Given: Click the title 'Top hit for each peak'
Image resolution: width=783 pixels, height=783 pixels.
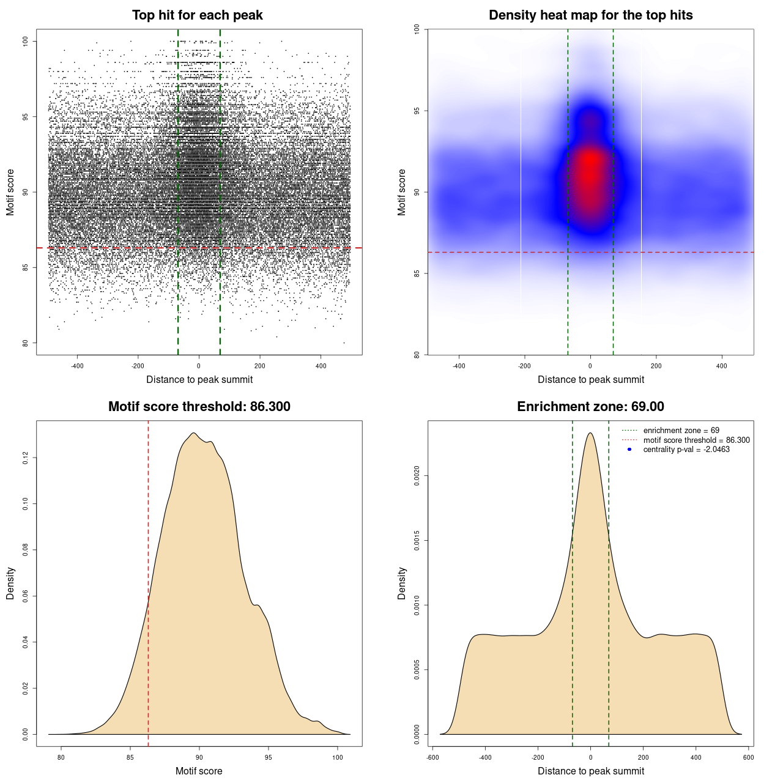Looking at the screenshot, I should (x=197, y=15).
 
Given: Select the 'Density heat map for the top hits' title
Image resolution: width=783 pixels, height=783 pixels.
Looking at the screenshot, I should (x=590, y=15).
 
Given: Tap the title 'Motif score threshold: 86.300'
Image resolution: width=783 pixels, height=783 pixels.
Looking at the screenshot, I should (x=199, y=407).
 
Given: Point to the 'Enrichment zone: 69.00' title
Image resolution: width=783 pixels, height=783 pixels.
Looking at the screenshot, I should (x=590, y=407).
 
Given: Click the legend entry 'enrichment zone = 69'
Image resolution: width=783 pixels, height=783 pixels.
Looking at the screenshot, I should (x=681, y=431).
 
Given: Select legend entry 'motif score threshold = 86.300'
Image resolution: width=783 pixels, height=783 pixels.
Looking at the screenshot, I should (x=696, y=440).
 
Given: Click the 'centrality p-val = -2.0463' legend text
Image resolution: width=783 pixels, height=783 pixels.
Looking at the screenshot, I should (x=686, y=450).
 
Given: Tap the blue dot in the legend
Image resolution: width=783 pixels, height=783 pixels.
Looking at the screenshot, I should (x=629, y=450).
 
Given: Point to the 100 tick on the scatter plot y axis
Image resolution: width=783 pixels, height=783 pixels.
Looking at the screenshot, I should (x=25, y=41).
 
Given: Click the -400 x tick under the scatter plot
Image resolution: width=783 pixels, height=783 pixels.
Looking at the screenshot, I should (x=77, y=366).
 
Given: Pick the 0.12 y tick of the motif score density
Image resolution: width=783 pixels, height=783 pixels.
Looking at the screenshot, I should (x=25, y=458).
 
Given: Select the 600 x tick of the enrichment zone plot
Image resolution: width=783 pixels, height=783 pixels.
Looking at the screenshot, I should (x=748, y=757).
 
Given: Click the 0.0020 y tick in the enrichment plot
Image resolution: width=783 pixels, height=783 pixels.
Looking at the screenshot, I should (x=417, y=475).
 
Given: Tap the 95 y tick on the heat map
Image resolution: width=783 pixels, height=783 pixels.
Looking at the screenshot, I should (x=417, y=111).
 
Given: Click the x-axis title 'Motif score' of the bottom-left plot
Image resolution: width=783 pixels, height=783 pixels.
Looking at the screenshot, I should (x=199, y=771).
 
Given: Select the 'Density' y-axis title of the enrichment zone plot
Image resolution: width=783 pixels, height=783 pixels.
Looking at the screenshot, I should (x=402, y=583).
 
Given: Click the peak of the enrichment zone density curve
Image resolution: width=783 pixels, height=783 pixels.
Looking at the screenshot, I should (x=590, y=433).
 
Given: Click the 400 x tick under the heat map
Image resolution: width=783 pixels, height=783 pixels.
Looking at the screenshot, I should (x=722, y=366).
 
